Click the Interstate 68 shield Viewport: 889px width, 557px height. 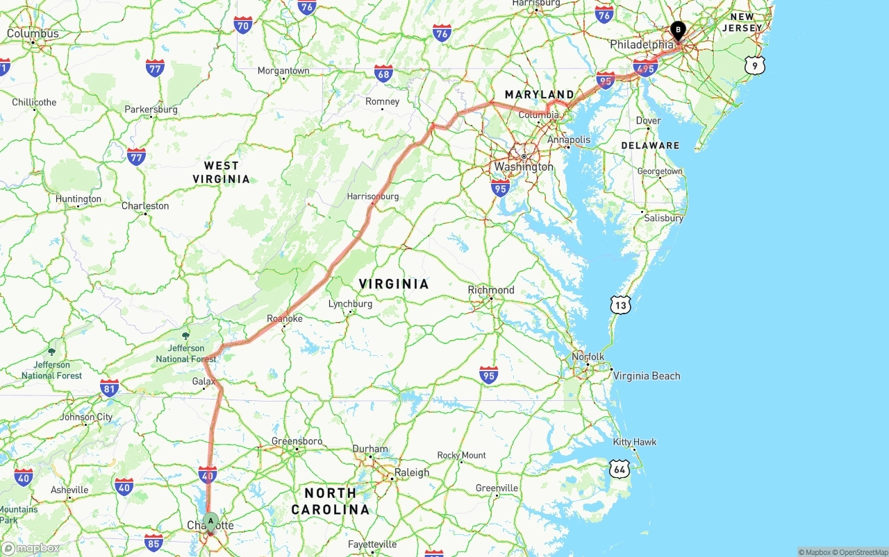click(x=383, y=74)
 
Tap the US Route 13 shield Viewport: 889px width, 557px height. click(x=621, y=304)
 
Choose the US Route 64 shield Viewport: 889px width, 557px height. click(x=620, y=469)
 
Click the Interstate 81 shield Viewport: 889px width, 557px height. click(x=109, y=388)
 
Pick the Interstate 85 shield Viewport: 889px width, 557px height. click(x=153, y=542)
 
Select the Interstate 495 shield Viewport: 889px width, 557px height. click(x=645, y=67)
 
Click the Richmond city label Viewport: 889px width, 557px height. click(x=491, y=290)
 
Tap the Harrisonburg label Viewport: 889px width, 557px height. click(x=373, y=196)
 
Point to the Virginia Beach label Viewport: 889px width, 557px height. click(x=647, y=376)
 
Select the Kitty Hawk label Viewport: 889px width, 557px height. click(x=635, y=442)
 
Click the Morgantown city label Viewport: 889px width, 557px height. click(x=283, y=71)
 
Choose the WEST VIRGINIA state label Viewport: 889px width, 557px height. click(x=222, y=172)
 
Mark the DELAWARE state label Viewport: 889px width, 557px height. click(x=650, y=146)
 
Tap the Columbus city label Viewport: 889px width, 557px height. click(x=33, y=33)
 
